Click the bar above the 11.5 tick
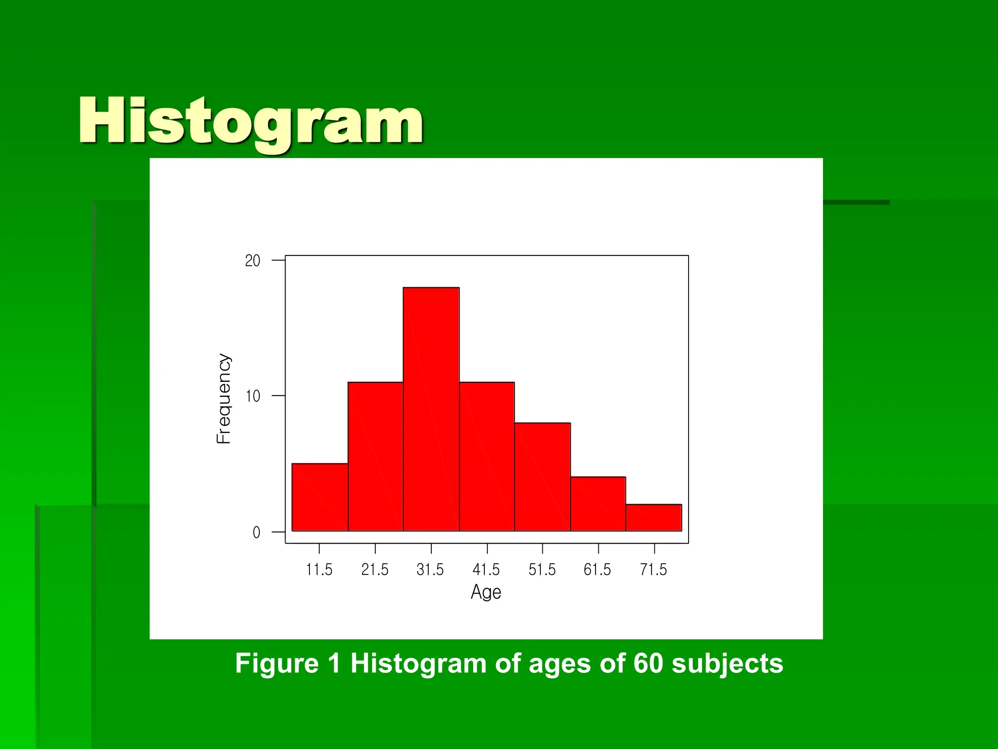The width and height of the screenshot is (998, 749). (320, 497)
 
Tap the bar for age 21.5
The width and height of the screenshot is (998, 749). (375, 456)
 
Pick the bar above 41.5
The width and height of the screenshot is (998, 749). (487, 456)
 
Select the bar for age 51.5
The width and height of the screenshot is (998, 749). (542, 476)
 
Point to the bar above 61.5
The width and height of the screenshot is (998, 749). (598, 504)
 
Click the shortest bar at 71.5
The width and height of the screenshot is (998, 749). (654, 517)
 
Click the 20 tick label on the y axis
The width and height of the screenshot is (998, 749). (252, 261)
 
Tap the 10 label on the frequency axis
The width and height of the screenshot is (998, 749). (252, 396)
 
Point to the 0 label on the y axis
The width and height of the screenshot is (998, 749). (256, 532)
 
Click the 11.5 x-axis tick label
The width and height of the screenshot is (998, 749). (319, 570)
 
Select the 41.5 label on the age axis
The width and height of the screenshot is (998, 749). (486, 570)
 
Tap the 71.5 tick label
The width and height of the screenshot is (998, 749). (653, 570)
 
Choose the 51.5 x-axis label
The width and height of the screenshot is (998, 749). (542, 570)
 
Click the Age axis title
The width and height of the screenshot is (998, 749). (486, 592)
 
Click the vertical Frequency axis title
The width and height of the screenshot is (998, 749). (223, 398)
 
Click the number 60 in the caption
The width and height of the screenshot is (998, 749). (648, 664)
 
